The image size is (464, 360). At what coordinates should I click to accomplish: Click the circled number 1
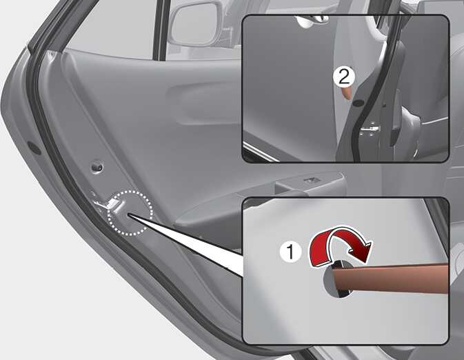point(290,252)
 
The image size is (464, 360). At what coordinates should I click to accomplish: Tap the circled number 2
point(344,77)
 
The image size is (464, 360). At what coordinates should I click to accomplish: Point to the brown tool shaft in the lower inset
point(391,277)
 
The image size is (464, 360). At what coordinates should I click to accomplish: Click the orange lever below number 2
point(347,92)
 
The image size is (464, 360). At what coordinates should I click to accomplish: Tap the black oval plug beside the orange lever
point(359,103)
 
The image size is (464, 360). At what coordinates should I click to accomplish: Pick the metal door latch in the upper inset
point(370,130)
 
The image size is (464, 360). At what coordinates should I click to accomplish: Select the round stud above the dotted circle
point(97,167)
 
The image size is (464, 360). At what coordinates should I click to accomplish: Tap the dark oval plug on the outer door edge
point(34,148)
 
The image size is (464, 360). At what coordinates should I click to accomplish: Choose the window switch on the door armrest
point(310,179)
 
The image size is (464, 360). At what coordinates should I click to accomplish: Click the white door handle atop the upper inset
point(312,21)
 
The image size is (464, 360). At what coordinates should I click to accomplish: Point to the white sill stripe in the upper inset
point(261,152)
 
